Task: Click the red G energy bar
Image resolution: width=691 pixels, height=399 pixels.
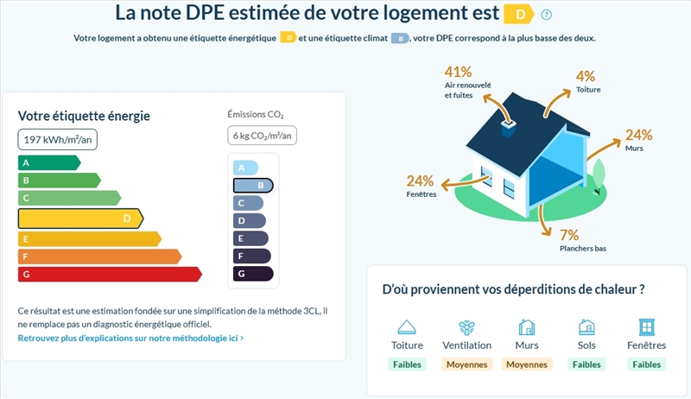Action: click(109, 274)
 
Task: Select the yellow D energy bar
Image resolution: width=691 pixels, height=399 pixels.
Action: click(80, 218)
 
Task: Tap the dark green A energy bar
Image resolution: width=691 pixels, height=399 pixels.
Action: click(48, 162)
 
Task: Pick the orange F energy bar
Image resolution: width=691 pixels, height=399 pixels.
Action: click(98, 256)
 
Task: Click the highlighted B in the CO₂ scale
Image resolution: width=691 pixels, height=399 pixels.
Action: click(253, 185)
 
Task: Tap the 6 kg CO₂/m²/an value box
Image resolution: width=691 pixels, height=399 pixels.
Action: click(263, 136)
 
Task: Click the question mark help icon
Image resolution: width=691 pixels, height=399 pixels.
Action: click(546, 15)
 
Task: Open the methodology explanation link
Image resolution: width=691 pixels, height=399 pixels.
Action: click(130, 338)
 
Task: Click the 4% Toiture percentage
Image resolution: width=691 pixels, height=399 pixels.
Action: click(586, 76)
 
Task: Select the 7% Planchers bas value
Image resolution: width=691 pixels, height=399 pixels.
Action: click(568, 235)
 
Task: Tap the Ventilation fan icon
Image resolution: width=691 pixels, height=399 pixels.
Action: click(466, 327)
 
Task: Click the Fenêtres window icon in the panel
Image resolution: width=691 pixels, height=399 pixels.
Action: click(646, 327)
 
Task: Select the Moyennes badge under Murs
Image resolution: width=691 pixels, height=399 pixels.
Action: click(527, 364)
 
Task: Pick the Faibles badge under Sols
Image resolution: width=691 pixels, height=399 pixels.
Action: click(586, 364)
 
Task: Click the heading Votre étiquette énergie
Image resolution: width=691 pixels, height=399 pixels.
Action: click(85, 116)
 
